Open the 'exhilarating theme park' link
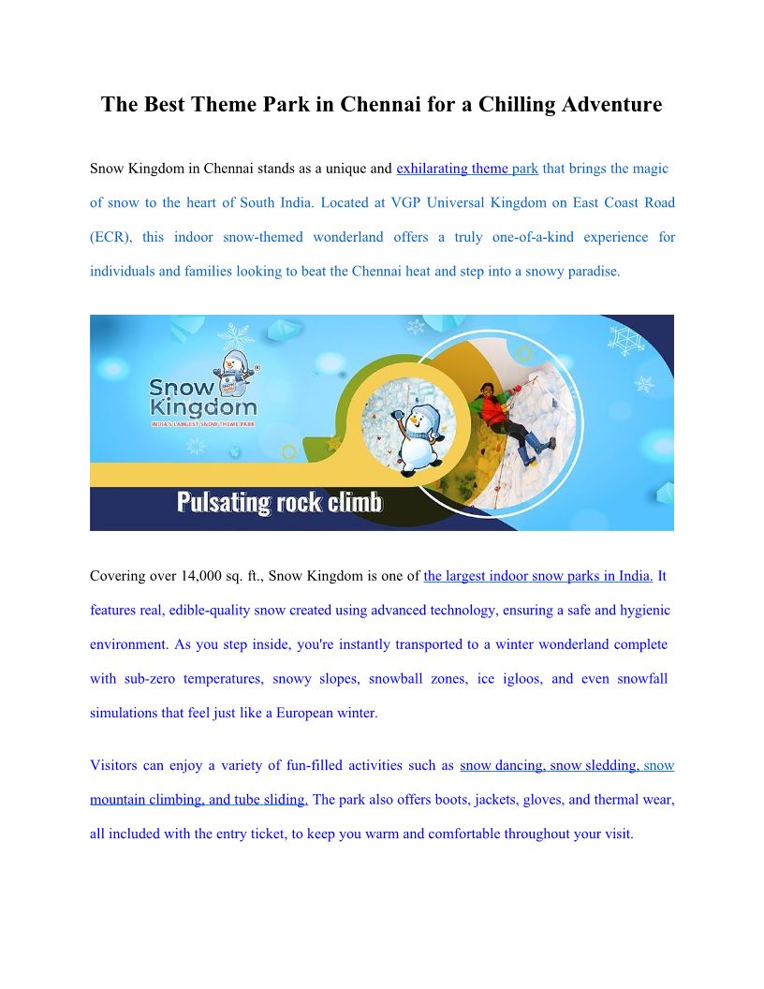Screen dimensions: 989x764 click(x=466, y=169)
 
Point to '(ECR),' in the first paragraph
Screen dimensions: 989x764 click(x=110, y=237)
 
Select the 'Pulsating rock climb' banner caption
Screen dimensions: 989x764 click(x=280, y=503)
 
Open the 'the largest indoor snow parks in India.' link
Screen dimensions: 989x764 click(x=537, y=576)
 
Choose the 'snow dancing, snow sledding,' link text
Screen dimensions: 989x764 click(x=550, y=765)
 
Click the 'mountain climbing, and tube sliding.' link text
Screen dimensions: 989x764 click(x=198, y=800)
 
